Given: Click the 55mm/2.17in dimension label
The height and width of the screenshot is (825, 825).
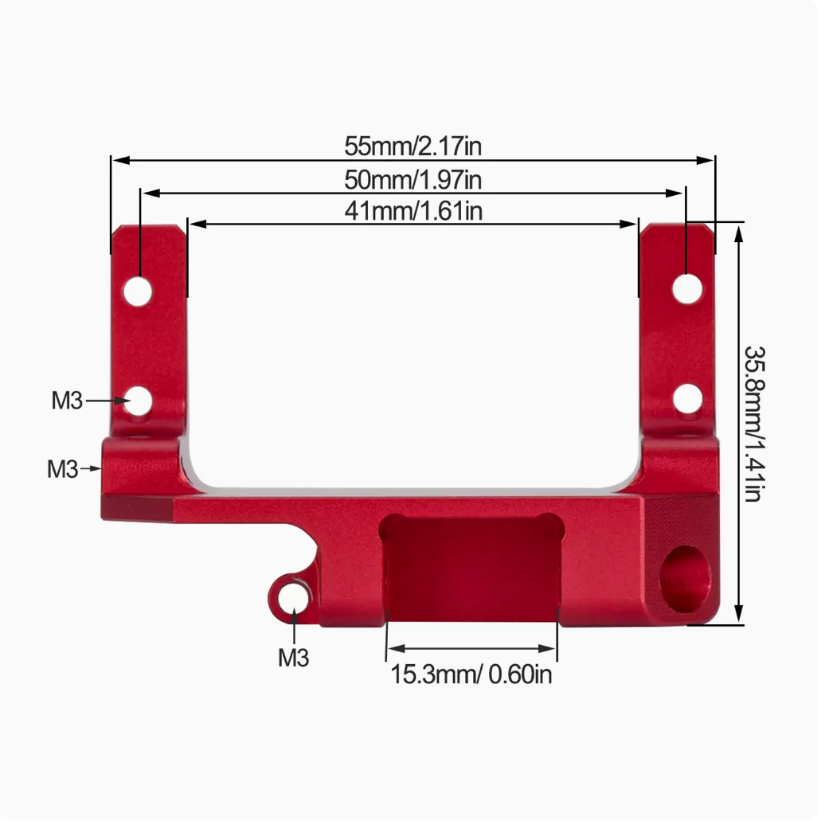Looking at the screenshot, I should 412,147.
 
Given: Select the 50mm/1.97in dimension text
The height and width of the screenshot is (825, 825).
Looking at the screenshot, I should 412,179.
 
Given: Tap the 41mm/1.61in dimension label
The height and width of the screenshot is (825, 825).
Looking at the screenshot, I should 412,211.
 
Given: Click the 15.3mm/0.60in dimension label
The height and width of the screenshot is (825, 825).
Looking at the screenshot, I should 471,674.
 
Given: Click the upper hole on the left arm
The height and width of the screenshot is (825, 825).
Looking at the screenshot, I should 138,292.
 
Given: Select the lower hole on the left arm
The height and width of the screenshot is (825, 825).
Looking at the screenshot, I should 139,401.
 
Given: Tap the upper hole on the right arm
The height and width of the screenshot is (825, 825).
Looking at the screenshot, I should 686,287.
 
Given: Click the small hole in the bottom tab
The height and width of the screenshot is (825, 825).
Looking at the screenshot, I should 294,596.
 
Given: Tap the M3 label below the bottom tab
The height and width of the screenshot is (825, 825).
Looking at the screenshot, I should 293,658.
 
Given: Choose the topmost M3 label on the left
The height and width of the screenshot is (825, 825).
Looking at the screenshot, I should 67,401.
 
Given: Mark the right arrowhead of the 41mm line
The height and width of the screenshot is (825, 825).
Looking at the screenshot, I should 632,225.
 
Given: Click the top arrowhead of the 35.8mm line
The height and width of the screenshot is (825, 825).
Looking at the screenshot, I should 739,231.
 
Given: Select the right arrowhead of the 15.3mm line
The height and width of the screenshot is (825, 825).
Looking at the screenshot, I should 551,648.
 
